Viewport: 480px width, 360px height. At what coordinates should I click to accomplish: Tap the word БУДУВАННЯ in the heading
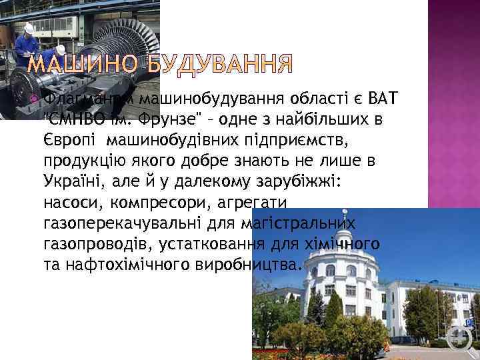point(219,66)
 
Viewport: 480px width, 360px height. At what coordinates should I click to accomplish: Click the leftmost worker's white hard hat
point(29,28)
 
